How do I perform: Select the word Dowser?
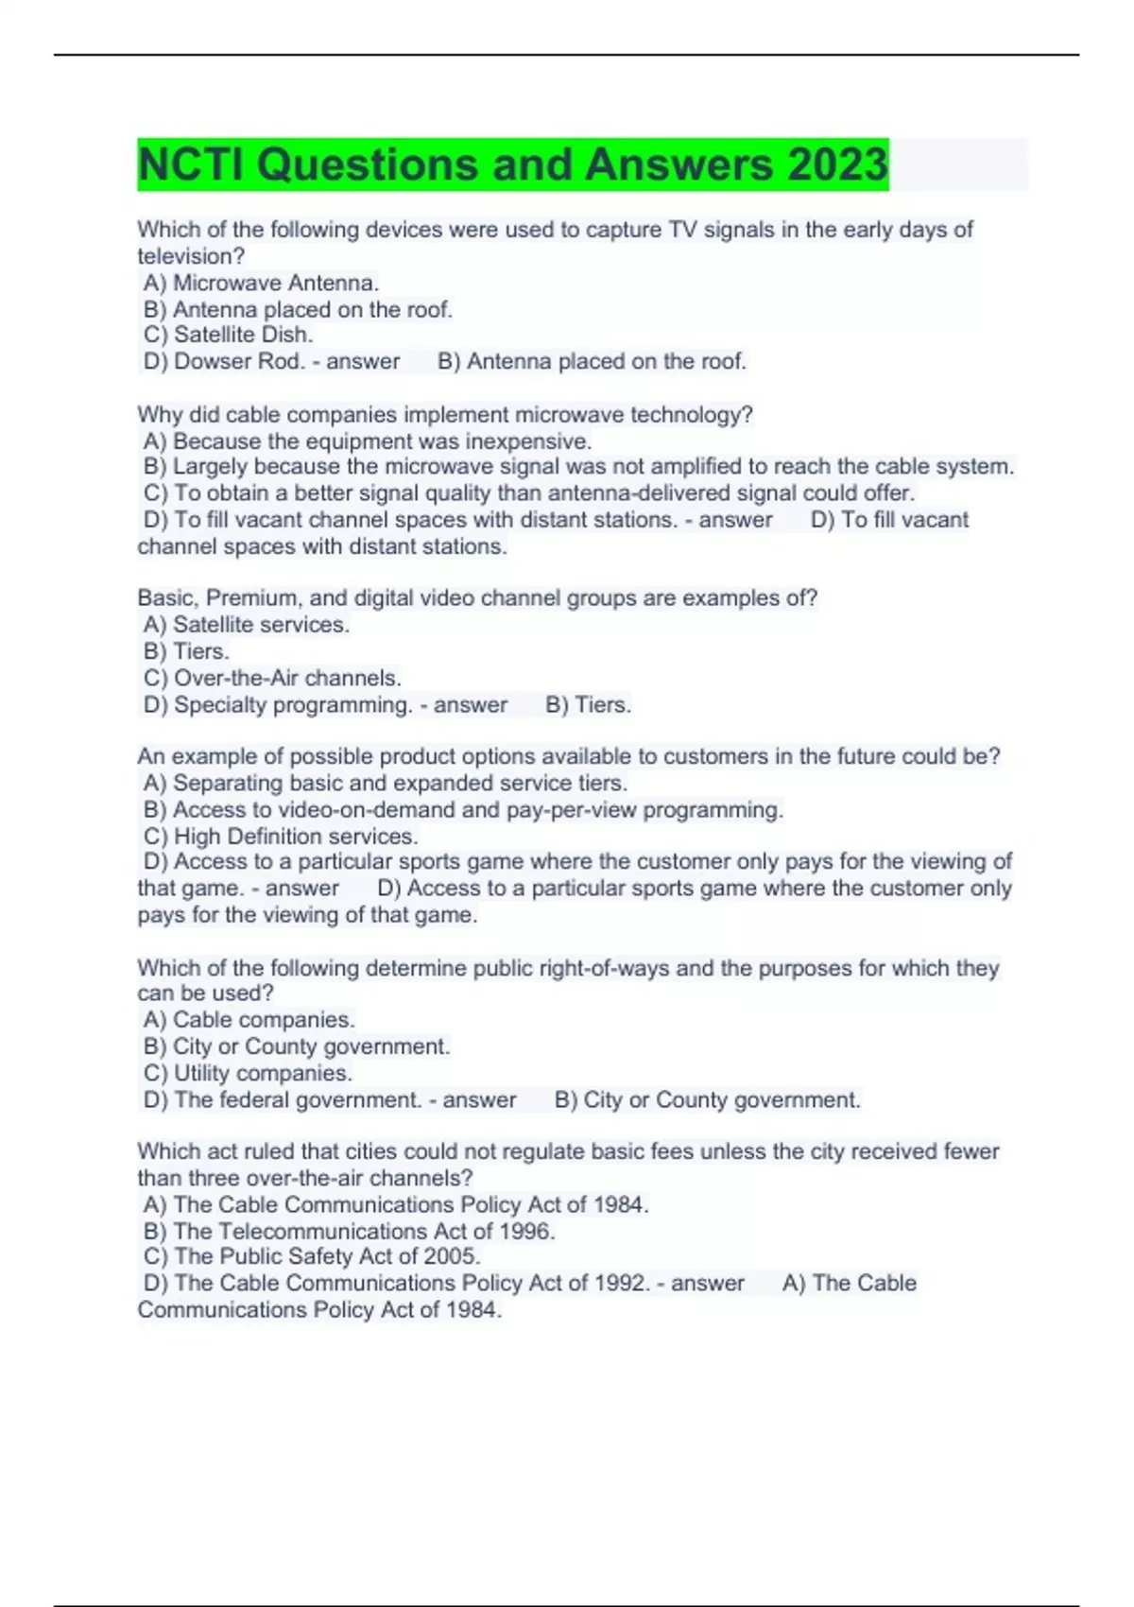tap(213, 361)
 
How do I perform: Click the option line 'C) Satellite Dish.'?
tap(228, 335)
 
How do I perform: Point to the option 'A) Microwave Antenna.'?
tap(261, 283)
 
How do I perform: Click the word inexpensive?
tap(528, 441)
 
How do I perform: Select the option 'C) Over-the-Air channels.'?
tap(272, 678)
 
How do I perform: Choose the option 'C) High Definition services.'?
tap(281, 837)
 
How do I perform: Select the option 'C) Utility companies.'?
tap(248, 1073)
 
